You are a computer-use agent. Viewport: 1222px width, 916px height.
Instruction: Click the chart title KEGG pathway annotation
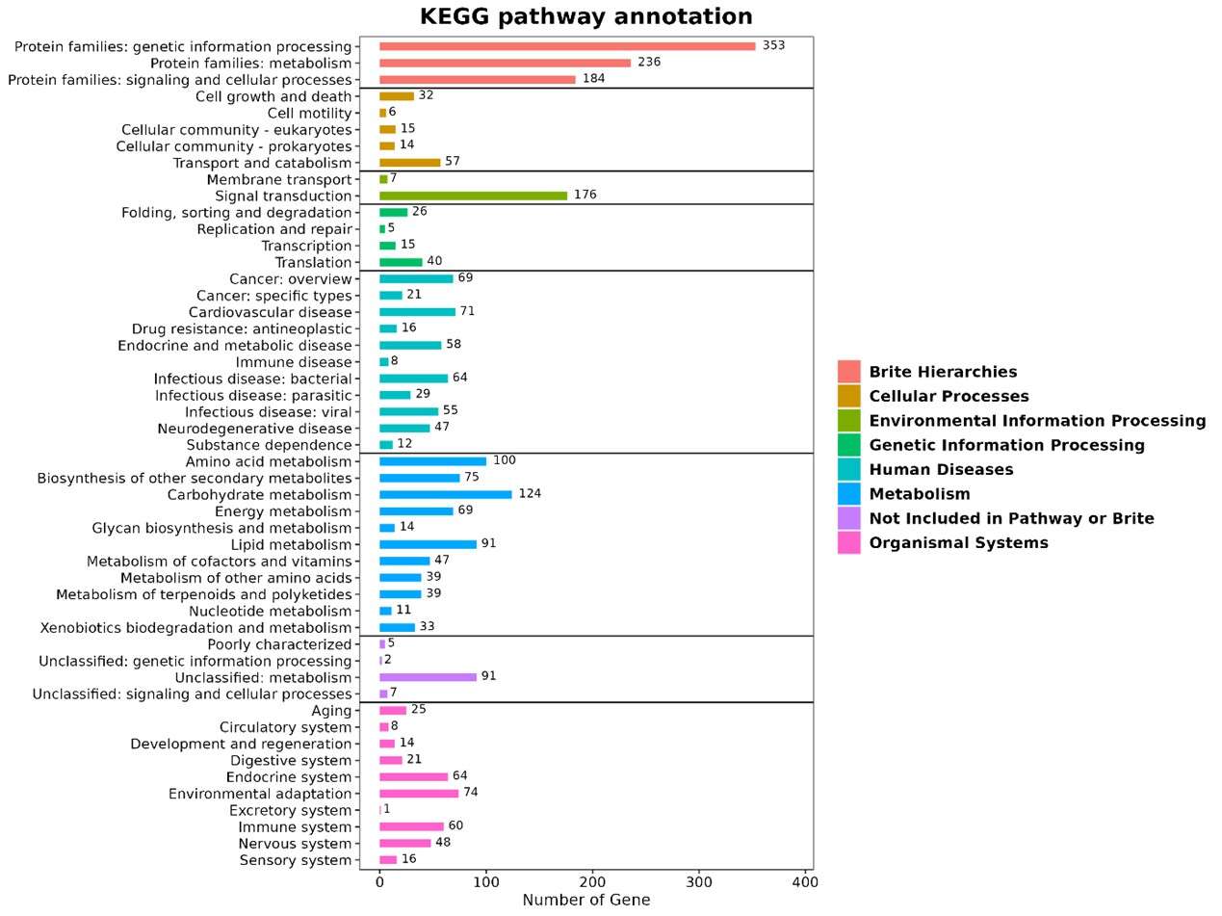click(585, 17)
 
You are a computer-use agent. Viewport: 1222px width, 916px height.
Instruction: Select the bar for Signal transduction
click(473, 196)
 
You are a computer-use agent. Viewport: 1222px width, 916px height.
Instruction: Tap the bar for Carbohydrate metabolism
click(445, 494)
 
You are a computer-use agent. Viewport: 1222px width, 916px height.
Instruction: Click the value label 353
click(773, 45)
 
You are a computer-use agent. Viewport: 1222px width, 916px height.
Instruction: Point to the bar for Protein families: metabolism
click(505, 63)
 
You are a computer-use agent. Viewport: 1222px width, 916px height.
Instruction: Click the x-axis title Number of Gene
click(585, 901)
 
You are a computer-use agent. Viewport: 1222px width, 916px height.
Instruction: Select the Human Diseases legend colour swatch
click(848, 470)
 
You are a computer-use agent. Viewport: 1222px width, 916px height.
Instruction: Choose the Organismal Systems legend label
click(958, 543)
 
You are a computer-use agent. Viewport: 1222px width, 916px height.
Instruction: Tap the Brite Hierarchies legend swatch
click(848, 372)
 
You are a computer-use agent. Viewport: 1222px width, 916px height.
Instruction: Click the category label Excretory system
click(295, 811)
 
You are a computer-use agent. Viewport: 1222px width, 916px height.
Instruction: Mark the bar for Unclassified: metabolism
click(428, 677)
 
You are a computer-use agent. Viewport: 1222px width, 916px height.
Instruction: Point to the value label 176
click(585, 195)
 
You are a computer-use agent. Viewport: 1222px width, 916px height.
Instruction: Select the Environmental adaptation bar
click(419, 794)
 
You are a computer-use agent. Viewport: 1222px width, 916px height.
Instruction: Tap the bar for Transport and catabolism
click(409, 163)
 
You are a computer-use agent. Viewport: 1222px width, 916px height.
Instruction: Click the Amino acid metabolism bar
click(432, 461)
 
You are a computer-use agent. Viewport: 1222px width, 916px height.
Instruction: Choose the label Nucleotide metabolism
click(270, 611)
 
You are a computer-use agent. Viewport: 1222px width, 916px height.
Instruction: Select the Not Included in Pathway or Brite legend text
click(1011, 518)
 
